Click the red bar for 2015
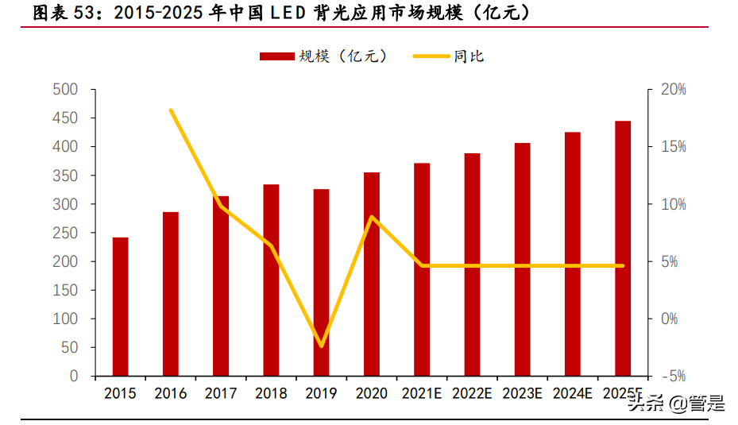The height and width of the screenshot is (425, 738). coord(120,306)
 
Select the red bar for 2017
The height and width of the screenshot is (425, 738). coord(221,286)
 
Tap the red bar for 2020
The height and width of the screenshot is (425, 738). coord(372,273)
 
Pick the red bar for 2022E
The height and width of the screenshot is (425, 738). coord(472,264)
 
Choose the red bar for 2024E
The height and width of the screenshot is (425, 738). coord(573,253)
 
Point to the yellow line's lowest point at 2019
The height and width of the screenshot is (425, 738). coord(321,346)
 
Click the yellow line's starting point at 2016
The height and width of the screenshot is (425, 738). coord(171,110)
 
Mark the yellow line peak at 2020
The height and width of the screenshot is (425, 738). coord(372,216)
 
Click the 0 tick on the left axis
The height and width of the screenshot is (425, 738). coord(74,376)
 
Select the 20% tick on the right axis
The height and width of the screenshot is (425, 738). coord(673,90)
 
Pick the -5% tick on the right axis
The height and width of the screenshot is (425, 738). coord(673,376)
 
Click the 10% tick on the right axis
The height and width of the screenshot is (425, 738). coord(673,204)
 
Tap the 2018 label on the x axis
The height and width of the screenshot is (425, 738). coord(271,394)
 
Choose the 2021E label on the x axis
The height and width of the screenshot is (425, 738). coord(422,394)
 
